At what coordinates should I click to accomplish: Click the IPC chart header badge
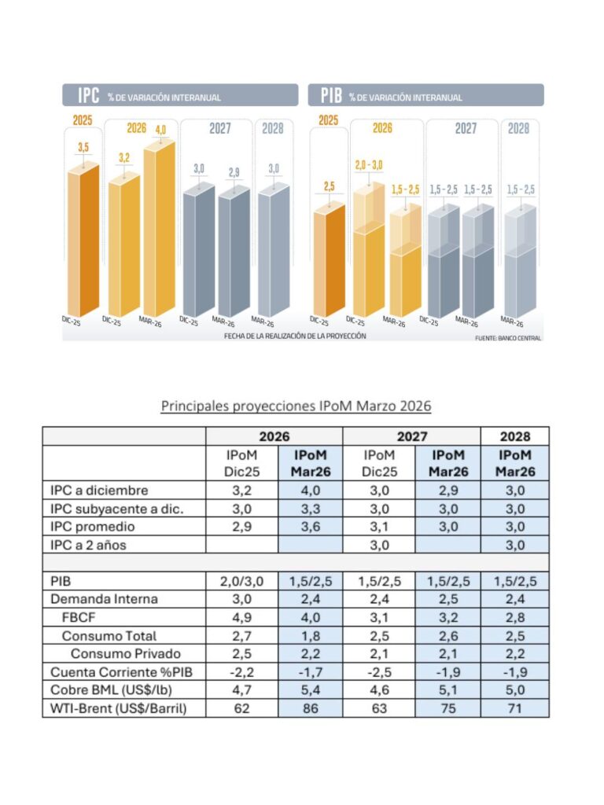(x=87, y=96)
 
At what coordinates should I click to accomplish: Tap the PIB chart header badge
(x=330, y=96)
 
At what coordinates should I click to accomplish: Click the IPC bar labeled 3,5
(x=83, y=240)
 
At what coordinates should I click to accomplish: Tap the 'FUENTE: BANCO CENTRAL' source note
(x=508, y=338)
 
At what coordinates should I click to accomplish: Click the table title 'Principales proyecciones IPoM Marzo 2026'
(x=296, y=406)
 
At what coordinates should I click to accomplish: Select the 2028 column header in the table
(x=514, y=436)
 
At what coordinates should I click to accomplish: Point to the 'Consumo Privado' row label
(x=126, y=653)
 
